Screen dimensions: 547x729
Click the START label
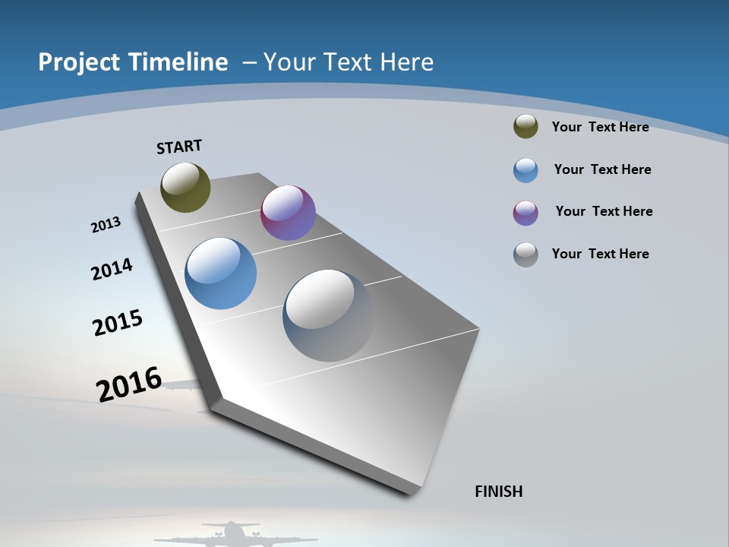pos(179,147)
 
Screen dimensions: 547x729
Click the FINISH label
pos(499,492)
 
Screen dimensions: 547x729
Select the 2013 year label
pos(106,225)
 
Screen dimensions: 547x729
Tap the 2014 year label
pos(112,269)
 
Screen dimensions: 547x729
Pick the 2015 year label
pos(118,322)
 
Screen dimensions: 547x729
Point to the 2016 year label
pos(129,384)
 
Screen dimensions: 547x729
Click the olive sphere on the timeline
pos(185,187)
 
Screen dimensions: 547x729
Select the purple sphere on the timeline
pos(288,213)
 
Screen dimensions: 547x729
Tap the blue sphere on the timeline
pos(220,273)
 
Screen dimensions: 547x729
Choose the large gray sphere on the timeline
pos(328,315)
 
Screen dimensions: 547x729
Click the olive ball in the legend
pos(525,126)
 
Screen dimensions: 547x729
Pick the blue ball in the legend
pos(525,170)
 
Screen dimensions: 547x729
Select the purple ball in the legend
pos(525,213)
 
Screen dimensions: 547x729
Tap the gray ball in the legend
pos(525,255)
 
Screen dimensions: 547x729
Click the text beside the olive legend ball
pos(600,127)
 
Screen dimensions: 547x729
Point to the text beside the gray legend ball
pos(600,254)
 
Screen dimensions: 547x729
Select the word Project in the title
pos(80,62)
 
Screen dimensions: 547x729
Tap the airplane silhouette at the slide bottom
pos(230,533)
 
